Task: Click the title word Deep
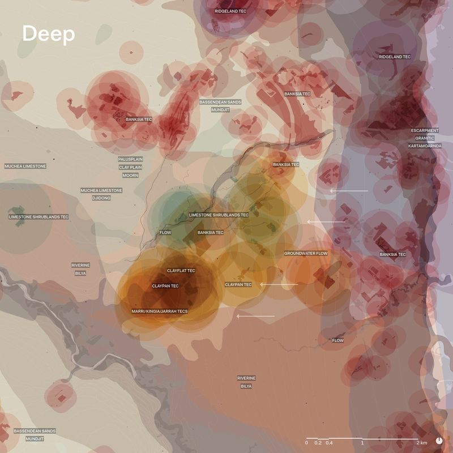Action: tap(48, 34)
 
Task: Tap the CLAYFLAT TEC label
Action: tap(181, 271)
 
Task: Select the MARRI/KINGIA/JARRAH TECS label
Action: tap(159, 311)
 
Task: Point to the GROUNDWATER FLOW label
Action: tap(306, 253)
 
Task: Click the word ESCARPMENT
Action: tap(425, 131)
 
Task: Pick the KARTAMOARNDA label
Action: tap(425, 146)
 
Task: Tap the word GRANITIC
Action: tap(425, 138)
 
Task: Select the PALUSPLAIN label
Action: tap(130, 159)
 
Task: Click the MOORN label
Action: tap(130, 176)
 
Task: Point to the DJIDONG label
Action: tap(101, 198)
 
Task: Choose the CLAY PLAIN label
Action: tap(130, 168)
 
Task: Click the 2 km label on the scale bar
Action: tap(421, 442)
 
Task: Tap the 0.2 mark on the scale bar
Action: tap(318, 442)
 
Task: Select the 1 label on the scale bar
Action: tap(362, 442)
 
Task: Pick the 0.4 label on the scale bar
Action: tap(329, 442)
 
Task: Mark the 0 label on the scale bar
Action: tap(306, 442)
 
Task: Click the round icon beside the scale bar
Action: tap(439, 441)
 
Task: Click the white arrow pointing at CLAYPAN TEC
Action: tap(279, 284)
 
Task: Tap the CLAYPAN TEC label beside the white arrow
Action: tap(238, 284)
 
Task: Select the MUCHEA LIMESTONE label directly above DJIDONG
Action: tap(101, 190)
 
